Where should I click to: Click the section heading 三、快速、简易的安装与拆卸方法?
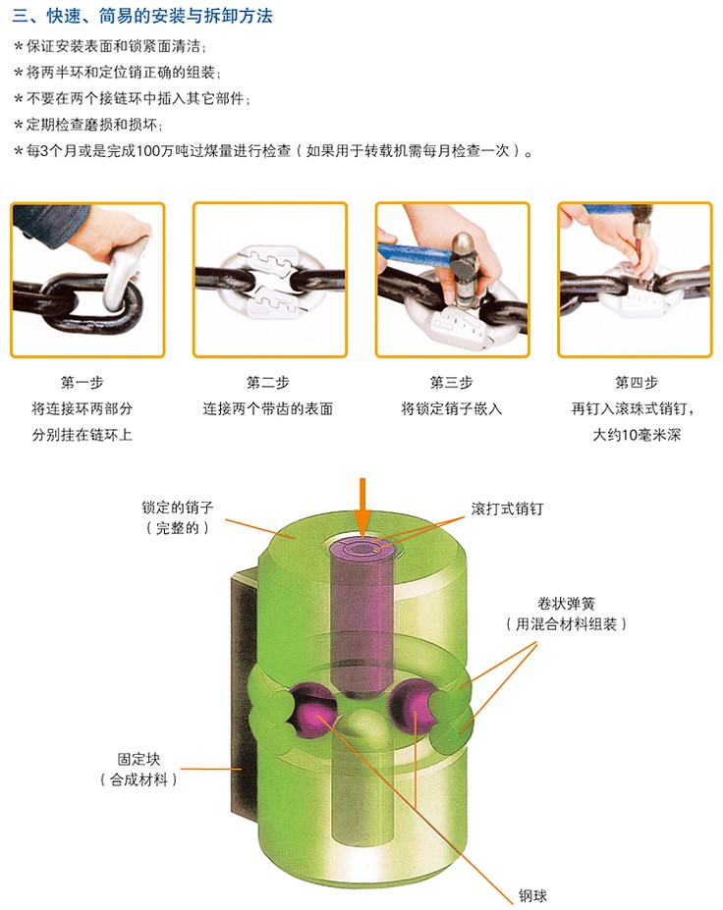[x=142, y=16]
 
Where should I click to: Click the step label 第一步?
[x=82, y=383]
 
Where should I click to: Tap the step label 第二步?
[x=268, y=383]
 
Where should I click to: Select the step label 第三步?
[x=451, y=383]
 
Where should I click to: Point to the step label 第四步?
[x=637, y=383]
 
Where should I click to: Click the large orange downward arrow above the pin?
[x=362, y=508]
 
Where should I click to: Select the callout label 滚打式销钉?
[x=507, y=509]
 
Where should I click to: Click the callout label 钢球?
[x=532, y=895]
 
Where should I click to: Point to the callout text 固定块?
[x=139, y=759]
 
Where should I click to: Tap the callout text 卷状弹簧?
[x=566, y=604]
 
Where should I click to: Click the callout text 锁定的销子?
[x=178, y=508]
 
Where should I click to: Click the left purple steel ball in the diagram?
[x=311, y=711]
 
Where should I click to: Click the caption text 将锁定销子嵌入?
[x=451, y=408]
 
